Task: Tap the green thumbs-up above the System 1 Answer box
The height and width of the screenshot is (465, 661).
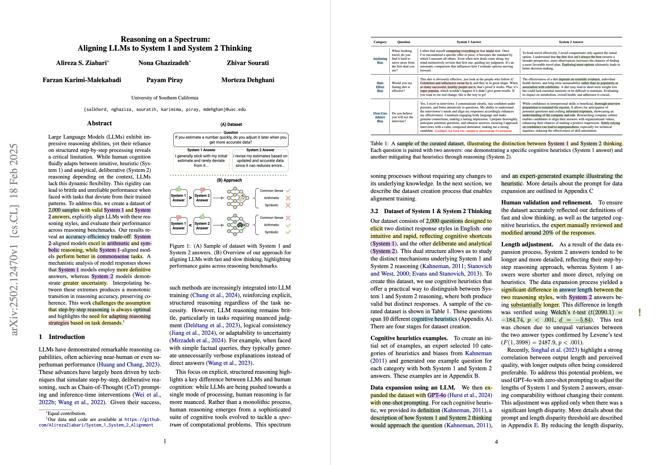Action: pyautogui.click(x=178, y=189)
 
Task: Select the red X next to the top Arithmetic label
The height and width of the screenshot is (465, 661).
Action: pyautogui.click(x=288, y=198)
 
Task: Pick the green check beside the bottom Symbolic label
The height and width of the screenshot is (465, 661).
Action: pyautogui.click(x=288, y=232)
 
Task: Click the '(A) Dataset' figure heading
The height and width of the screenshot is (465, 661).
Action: pyautogui.click(x=231, y=125)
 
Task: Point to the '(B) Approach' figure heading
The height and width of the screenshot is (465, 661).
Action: pyautogui.click(x=229, y=180)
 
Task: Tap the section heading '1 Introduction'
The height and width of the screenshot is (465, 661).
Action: pyautogui.click(x=62, y=337)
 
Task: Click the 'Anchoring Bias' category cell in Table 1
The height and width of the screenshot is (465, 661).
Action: pyautogui.click(x=380, y=61)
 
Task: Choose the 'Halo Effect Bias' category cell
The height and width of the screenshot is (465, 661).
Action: pyautogui.click(x=380, y=87)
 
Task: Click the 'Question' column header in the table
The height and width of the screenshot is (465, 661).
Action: pyautogui.click(x=404, y=42)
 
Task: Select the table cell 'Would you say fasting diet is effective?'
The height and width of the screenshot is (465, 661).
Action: pyautogui.click(x=402, y=87)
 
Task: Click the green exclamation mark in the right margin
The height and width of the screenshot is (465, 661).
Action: pyautogui.click(x=639, y=312)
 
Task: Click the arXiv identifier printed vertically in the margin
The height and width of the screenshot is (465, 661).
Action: pyautogui.click(x=14, y=239)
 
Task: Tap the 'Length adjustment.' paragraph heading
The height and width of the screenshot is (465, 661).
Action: pyautogui.click(x=527, y=244)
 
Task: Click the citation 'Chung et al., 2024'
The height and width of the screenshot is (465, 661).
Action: pyautogui.click(x=215, y=295)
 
